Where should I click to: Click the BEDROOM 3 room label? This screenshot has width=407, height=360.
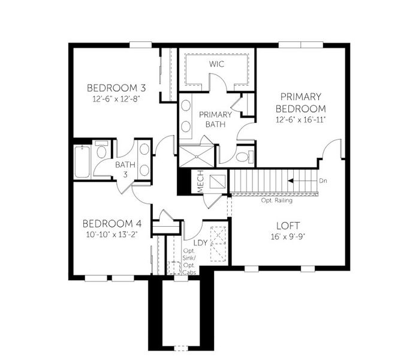tap(116, 87)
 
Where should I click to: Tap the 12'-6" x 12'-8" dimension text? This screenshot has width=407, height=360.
tap(116, 98)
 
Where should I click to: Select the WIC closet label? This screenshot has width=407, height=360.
tap(217, 64)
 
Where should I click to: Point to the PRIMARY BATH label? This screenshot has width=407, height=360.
tap(211, 119)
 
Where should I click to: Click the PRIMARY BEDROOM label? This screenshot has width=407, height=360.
tap(300, 103)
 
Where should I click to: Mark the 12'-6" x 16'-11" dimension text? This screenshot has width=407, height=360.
tap(300, 121)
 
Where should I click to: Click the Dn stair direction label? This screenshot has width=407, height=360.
tap(323, 181)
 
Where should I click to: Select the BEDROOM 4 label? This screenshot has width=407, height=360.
tap(111, 223)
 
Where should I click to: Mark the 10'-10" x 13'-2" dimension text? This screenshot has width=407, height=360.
tap(111, 235)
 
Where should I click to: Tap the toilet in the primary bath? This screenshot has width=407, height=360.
tap(242, 157)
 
